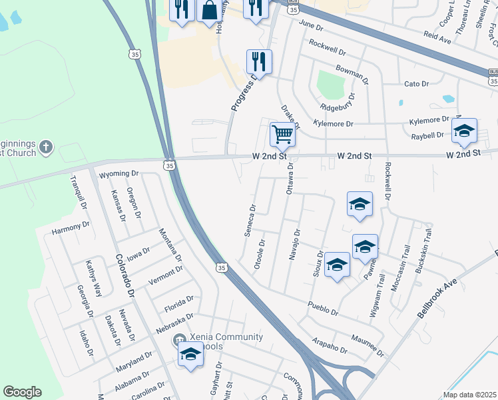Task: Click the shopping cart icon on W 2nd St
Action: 282,134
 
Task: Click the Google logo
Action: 22,392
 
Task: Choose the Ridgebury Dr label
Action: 338,105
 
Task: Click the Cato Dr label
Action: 416,84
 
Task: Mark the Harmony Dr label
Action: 71,228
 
